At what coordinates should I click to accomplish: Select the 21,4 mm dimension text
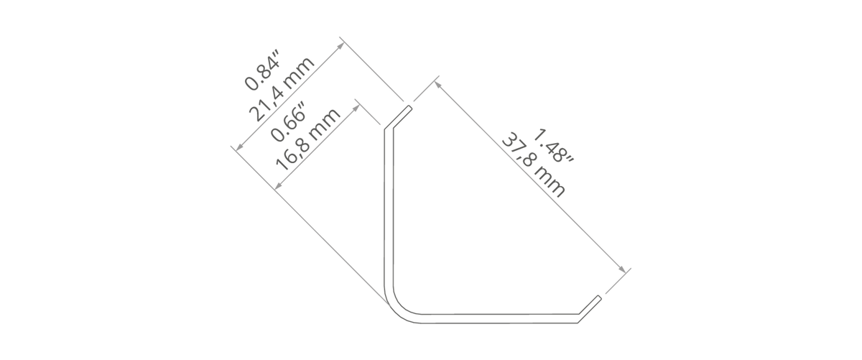[282, 89]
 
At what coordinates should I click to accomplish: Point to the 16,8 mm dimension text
[308, 139]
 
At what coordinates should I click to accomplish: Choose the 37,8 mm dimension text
[534, 165]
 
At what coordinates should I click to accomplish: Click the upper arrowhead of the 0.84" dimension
[340, 46]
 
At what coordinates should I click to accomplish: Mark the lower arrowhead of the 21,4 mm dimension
[239, 147]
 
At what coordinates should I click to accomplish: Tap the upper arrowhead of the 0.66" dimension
[356, 108]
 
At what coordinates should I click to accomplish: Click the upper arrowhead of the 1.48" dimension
[437, 85]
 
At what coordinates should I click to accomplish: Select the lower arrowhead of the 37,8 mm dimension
[622, 269]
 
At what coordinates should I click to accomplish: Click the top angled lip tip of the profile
[409, 108]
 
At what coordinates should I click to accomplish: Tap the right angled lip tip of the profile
[599, 298]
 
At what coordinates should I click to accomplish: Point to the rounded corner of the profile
[397, 308]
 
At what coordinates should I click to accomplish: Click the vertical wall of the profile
[389, 208]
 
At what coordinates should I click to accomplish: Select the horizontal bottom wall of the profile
[500, 319]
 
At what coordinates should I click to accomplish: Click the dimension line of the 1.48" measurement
[529, 177]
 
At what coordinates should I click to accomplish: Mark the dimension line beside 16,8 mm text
[317, 147]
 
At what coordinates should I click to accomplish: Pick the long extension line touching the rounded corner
[310, 225]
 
